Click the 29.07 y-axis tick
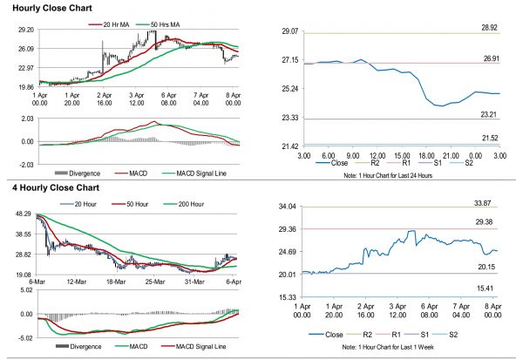click(x=289, y=31)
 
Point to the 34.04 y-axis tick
click(x=289, y=207)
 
